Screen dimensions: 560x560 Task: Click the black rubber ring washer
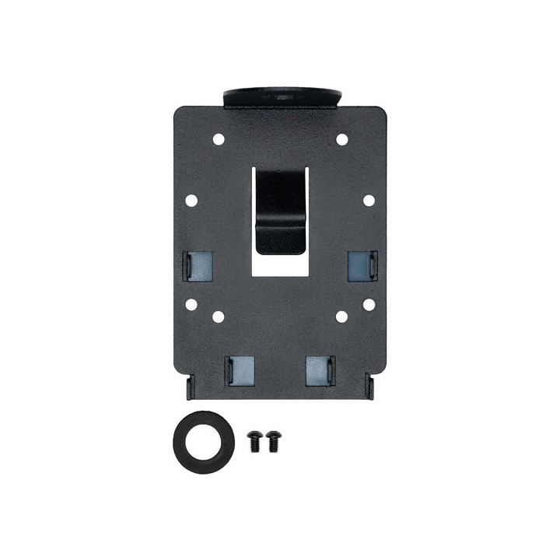(x=202, y=443)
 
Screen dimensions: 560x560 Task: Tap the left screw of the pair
(x=254, y=441)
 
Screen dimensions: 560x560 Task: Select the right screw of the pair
(x=272, y=441)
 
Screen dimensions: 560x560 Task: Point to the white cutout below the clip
(x=281, y=266)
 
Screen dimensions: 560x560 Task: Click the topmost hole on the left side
(x=219, y=139)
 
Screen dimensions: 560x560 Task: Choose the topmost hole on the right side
(x=341, y=139)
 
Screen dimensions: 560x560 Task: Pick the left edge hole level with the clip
(x=191, y=201)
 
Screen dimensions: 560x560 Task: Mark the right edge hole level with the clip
(x=369, y=201)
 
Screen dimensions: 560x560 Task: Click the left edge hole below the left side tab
(x=191, y=304)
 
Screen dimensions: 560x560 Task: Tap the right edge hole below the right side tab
(x=369, y=304)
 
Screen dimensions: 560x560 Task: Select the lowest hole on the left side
(x=219, y=317)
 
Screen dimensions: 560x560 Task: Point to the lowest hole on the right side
(x=341, y=317)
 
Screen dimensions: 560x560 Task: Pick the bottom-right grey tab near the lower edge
(x=320, y=370)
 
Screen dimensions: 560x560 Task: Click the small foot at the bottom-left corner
(x=189, y=388)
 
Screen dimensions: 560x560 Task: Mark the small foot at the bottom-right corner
(x=370, y=388)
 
